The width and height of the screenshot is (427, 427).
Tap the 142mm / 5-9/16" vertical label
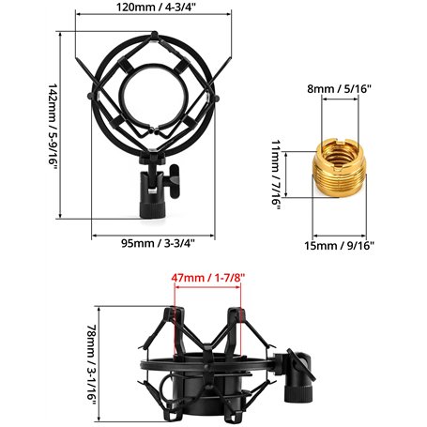pyautogui.click(x=53, y=126)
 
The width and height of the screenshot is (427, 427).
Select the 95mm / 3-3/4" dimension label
pyautogui.click(x=158, y=243)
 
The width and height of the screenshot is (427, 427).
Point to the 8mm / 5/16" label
pyautogui.click(x=339, y=89)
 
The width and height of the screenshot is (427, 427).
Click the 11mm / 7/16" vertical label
pyautogui.click(x=276, y=175)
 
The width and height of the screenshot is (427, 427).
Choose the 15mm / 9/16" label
pyautogui.click(x=340, y=246)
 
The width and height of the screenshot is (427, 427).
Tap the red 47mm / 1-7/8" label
pyautogui.click(x=208, y=278)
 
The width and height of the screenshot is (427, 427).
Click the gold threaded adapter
pyautogui.click(x=340, y=168)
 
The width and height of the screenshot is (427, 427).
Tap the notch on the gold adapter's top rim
pyautogui.click(x=340, y=144)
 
